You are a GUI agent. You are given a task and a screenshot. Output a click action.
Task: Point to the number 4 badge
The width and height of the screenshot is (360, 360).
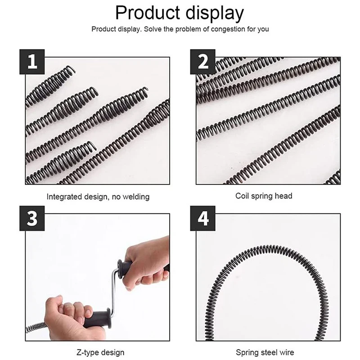[202, 219]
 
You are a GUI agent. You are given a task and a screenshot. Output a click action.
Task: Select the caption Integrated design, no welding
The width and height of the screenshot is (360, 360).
[98, 197]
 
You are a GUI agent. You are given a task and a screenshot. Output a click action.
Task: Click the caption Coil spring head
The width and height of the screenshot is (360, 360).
[264, 196]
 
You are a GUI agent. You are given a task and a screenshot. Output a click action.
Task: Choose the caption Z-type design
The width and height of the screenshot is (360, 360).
[98, 352]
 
